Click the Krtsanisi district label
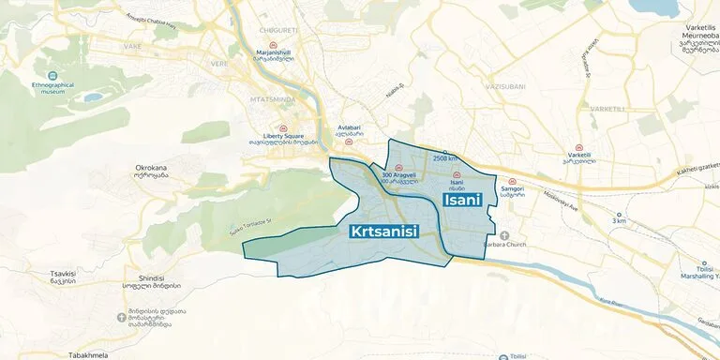(x=383, y=231)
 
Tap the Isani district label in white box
(x=462, y=199)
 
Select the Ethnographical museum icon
(x=51, y=75)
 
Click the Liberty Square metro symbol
(x=283, y=127)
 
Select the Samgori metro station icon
(x=511, y=181)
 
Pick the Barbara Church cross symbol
(x=504, y=235)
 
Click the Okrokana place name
(x=151, y=169)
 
